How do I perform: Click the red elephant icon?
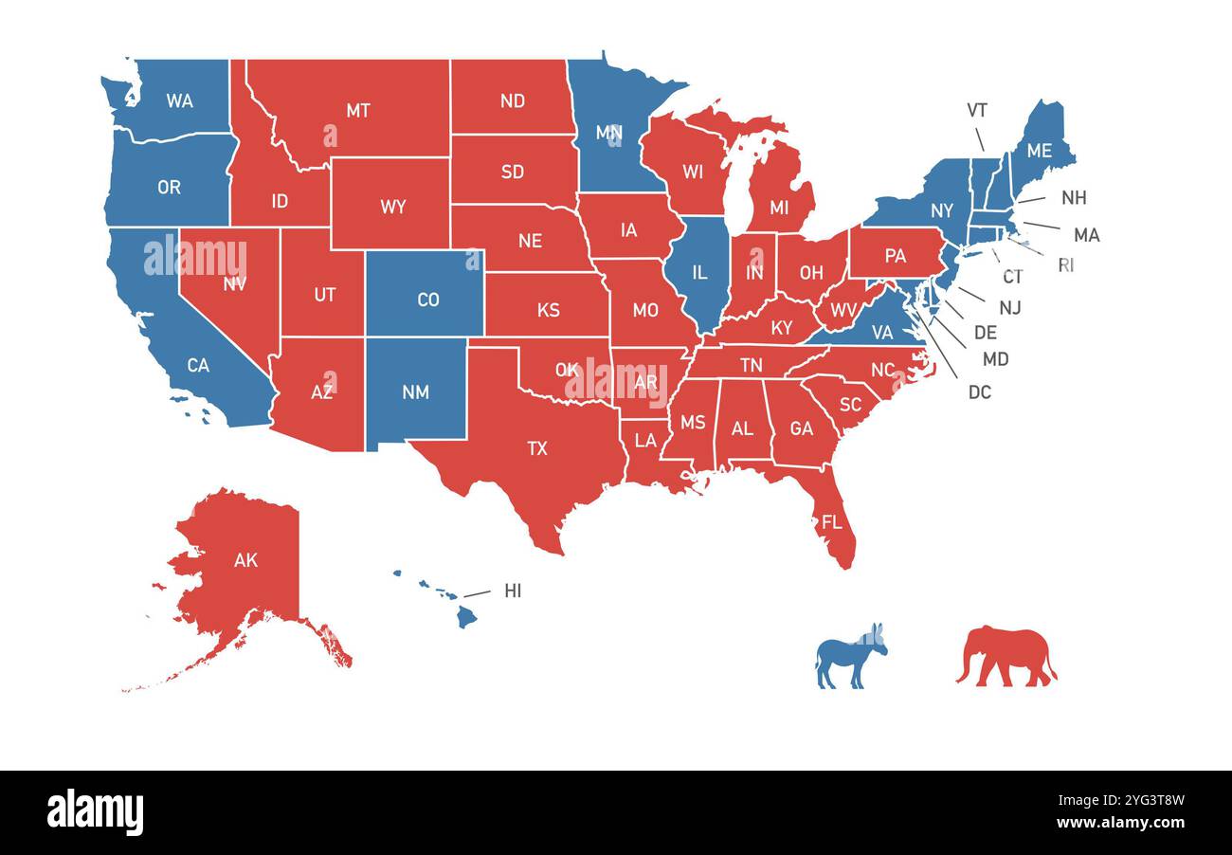[x=1006, y=654]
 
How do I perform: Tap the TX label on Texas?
[x=537, y=448]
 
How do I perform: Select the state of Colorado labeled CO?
[x=427, y=300]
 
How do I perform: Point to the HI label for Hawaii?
[x=513, y=591]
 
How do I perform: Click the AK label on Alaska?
[x=245, y=560]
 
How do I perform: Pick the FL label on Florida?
[x=831, y=522]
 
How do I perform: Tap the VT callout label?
[x=977, y=110]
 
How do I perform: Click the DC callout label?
[x=979, y=391]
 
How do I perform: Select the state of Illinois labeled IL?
[x=698, y=273]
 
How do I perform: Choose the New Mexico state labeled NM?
[x=415, y=391]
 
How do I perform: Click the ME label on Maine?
[x=1039, y=150]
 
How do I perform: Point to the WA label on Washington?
[x=179, y=100]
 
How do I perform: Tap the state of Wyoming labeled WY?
[x=392, y=207]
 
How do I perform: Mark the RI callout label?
[x=1065, y=264]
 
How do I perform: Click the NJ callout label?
[x=1009, y=307]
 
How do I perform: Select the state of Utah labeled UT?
[x=324, y=294]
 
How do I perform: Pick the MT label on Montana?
[x=357, y=110]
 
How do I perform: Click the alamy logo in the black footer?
[x=96, y=812]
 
